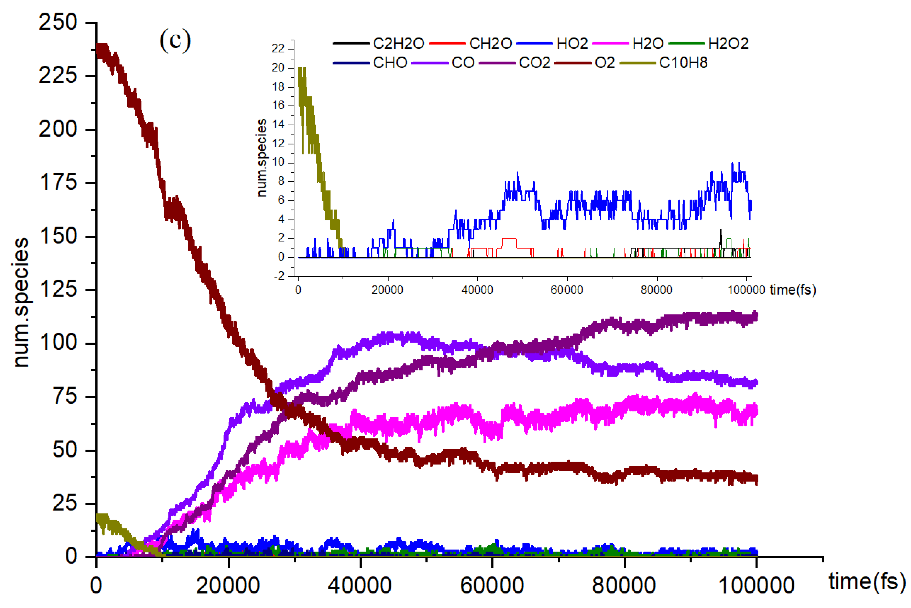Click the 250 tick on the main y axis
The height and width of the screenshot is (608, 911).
point(58,22)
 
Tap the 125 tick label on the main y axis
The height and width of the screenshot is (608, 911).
point(58,290)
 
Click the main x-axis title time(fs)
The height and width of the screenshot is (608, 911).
point(867,582)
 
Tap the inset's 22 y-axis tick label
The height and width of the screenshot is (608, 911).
point(278,48)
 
